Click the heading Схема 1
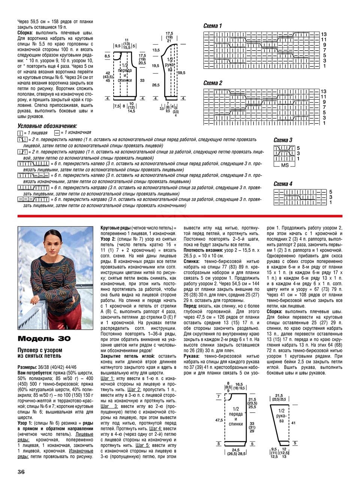point(213,26)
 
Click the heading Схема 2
point(213,83)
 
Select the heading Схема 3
point(283,140)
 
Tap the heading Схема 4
point(283,184)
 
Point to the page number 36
point(21,471)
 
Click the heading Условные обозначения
point(47,126)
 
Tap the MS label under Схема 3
point(285,165)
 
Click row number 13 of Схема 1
point(324,34)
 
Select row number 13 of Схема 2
point(324,91)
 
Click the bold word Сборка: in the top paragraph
point(26,33)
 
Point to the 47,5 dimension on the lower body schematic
point(219,420)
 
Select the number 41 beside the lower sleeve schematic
point(294,423)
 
